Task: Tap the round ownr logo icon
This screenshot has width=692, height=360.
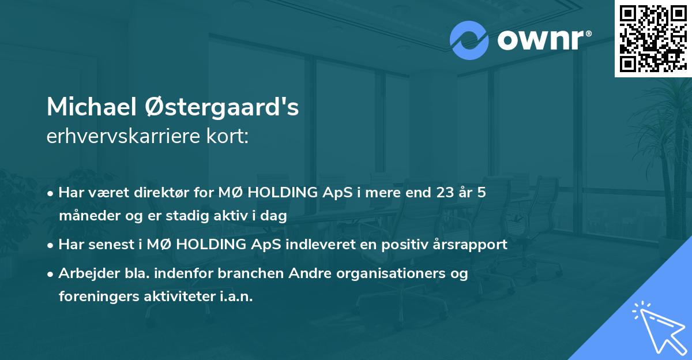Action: coord(469,40)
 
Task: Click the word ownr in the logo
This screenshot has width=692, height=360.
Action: coord(544,39)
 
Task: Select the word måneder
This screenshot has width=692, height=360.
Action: coord(85,216)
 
